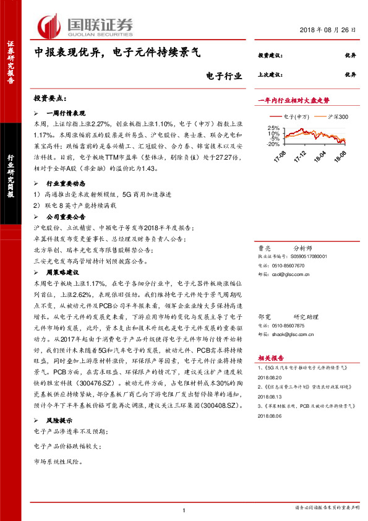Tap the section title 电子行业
point(223,77)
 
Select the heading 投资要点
point(50,99)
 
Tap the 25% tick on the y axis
point(273,127)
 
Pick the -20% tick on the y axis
point(272,144)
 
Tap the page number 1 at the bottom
point(184,510)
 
